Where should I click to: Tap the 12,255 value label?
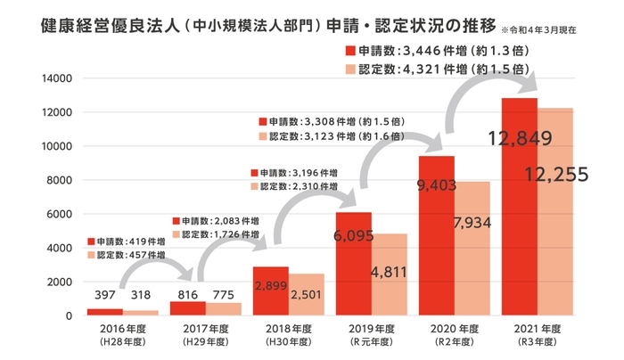click(557, 175)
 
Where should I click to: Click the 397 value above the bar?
click(104, 295)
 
